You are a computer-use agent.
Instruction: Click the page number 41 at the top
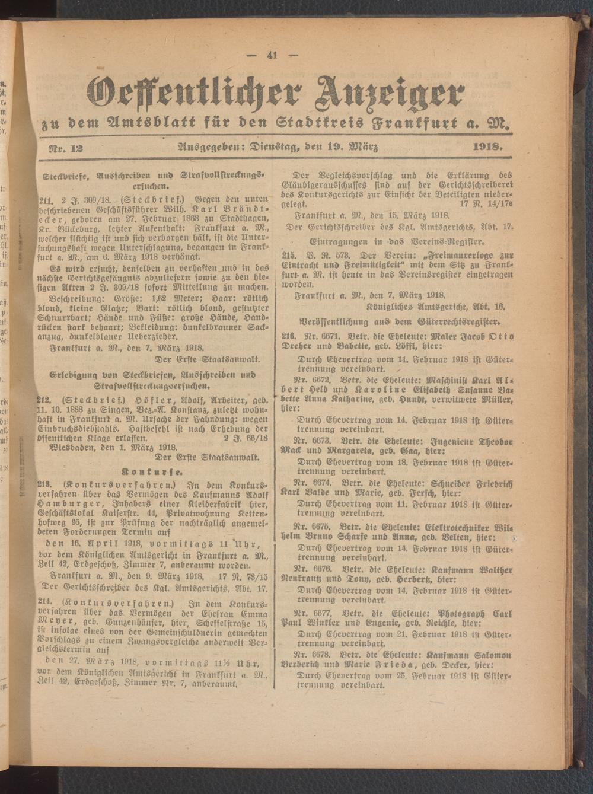(273, 56)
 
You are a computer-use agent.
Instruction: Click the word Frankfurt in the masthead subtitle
(391, 124)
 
